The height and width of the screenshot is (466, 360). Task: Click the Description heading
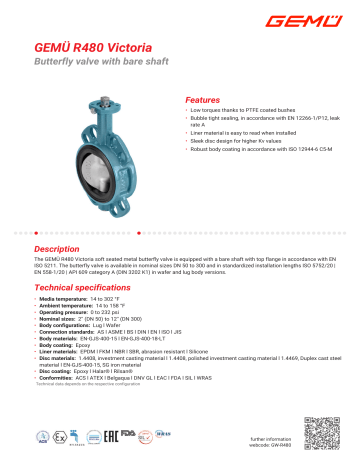pyautogui.click(x=59, y=247)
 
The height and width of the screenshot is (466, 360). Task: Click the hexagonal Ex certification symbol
pyautogui.click(x=59, y=437)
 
